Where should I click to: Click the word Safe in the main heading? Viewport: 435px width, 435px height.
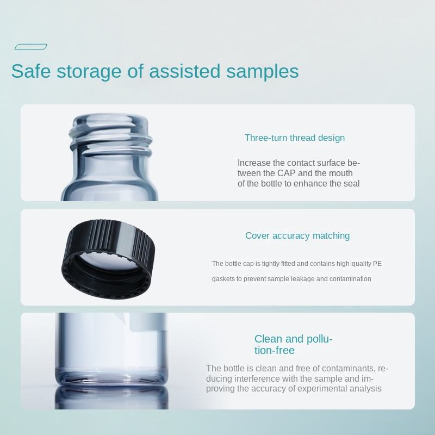coord(31,71)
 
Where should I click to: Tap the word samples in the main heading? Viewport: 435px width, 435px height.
coord(263,72)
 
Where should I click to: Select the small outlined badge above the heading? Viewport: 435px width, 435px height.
coord(31,47)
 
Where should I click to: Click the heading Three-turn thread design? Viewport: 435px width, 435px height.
coord(295,138)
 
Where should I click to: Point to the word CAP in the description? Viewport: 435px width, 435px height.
coord(287,173)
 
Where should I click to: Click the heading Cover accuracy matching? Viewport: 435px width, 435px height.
coord(297,235)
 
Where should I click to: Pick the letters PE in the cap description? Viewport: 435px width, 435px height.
coord(377,264)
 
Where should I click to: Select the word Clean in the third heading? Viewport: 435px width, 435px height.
coord(269,339)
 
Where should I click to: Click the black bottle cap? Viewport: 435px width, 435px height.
coord(107,259)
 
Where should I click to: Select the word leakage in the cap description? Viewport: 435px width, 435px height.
coord(303,279)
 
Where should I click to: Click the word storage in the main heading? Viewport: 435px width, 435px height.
coord(89,72)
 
